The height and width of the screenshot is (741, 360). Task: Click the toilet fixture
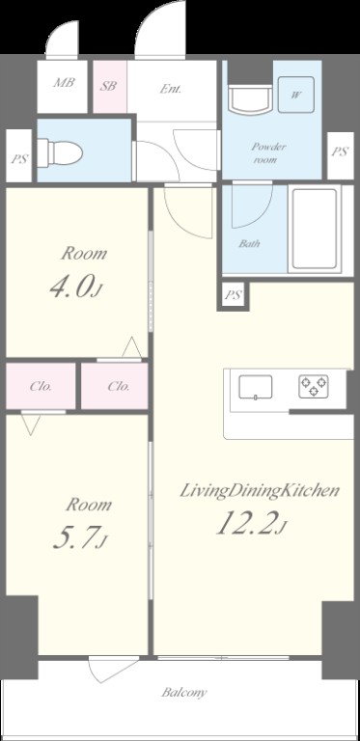pyautogui.click(x=60, y=152)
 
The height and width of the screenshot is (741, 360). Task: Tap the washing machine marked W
pyautogui.click(x=295, y=95)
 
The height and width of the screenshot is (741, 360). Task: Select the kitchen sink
pyautogui.click(x=256, y=387)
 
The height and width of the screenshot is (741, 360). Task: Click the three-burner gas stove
pyautogui.click(x=314, y=386)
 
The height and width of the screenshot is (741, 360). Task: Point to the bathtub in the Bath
pyautogui.click(x=315, y=230)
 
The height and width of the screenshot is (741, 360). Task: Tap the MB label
pyautogui.click(x=64, y=83)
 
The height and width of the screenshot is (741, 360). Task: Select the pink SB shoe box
pyautogui.click(x=110, y=87)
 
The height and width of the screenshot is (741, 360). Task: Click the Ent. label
pyautogui.click(x=171, y=89)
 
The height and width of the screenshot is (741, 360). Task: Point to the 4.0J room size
pyautogui.click(x=75, y=288)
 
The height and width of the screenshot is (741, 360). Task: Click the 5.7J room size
pyautogui.click(x=79, y=538)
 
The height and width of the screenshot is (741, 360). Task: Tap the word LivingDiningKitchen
pyautogui.click(x=260, y=491)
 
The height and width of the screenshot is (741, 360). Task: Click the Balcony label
pyautogui.click(x=184, y=693)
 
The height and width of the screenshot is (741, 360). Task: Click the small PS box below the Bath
pyautogui.click(x=234, y=296)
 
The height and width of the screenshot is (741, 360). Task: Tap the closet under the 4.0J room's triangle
pyautogui.click(x=114, y=386)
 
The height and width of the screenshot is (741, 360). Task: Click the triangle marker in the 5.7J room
pyautogui.click(x=31, y=424)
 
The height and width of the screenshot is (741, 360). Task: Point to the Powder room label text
pyautogui.click(x=268, y=153)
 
